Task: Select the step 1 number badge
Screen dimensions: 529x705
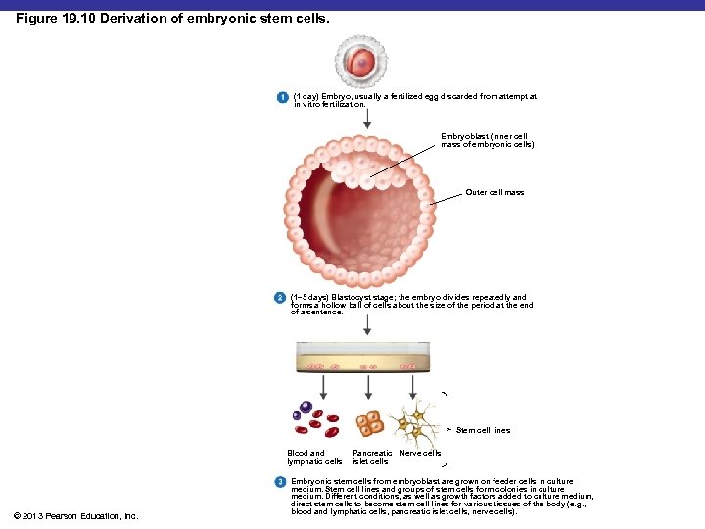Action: coord(280,97)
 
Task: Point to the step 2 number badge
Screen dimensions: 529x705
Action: coord(280,297)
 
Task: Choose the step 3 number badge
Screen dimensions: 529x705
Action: coord(280,481)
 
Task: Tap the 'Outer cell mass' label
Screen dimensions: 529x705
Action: coord(494,192)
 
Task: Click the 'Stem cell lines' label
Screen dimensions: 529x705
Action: coord(483,430)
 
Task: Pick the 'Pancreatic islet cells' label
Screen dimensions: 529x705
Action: coord(371,457)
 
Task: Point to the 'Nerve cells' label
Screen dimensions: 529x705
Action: coord(420,453)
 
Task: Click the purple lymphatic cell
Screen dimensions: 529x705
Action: coord(306,408)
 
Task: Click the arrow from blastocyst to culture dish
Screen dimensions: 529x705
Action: coord(367,326)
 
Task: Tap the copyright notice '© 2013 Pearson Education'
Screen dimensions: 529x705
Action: coord(77,515)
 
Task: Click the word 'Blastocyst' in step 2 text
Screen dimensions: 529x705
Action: coord(347,297)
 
